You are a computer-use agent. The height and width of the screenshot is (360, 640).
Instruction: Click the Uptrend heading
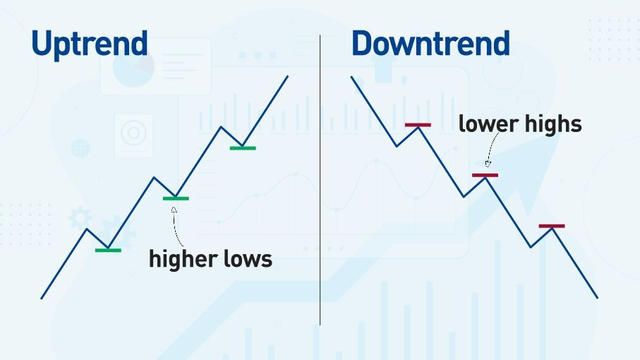pyautogui.click(x=90, y=44)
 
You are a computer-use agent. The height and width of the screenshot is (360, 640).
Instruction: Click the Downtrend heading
pyautogui.click(x=430, y=43)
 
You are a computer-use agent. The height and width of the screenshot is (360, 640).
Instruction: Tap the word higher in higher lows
pyautogui.click(x=183, y=260)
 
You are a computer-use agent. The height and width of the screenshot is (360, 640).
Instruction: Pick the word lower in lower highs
pyautogui.click(x=488, y=124)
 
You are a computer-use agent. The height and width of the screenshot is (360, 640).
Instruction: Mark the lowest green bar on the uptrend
pyautogui.click(x=108, y=250)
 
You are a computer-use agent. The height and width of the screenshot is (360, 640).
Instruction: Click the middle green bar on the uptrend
pyautogui.click(x=176, y=199)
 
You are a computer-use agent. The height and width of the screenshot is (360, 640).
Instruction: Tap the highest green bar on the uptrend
pyautogui.click(x=243, y=148)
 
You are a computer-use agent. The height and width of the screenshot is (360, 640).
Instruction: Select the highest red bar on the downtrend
pyautogui.click(x=418, y=125)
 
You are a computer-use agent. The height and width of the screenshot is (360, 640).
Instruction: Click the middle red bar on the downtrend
pyautogui.click(x=485, y=176)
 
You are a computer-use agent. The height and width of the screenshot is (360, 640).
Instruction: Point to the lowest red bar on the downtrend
pyautogui.click(x=552, y=226)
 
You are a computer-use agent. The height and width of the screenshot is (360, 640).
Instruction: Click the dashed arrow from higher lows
pyautogui.click(x=174, y=227)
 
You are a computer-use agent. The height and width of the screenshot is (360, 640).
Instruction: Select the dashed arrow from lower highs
pyautogui.click(x=491, y=148)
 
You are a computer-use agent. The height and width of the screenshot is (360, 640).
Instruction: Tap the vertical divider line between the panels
pyautogui.click(x=320, y=180)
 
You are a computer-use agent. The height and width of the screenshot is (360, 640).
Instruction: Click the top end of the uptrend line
pyautogui.click(x=288, y=76)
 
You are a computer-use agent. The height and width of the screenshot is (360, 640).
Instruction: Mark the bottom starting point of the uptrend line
pyautogui.click(x=41, y=299)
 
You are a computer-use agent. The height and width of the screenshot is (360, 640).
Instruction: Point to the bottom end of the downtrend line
pyautogui.click(x=598, y=298)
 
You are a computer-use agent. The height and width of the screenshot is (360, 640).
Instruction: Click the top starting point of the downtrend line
pyautogui.click(x=351, y=76)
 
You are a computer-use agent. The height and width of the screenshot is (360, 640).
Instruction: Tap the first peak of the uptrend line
pyautogui.click(x=87, y=229)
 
